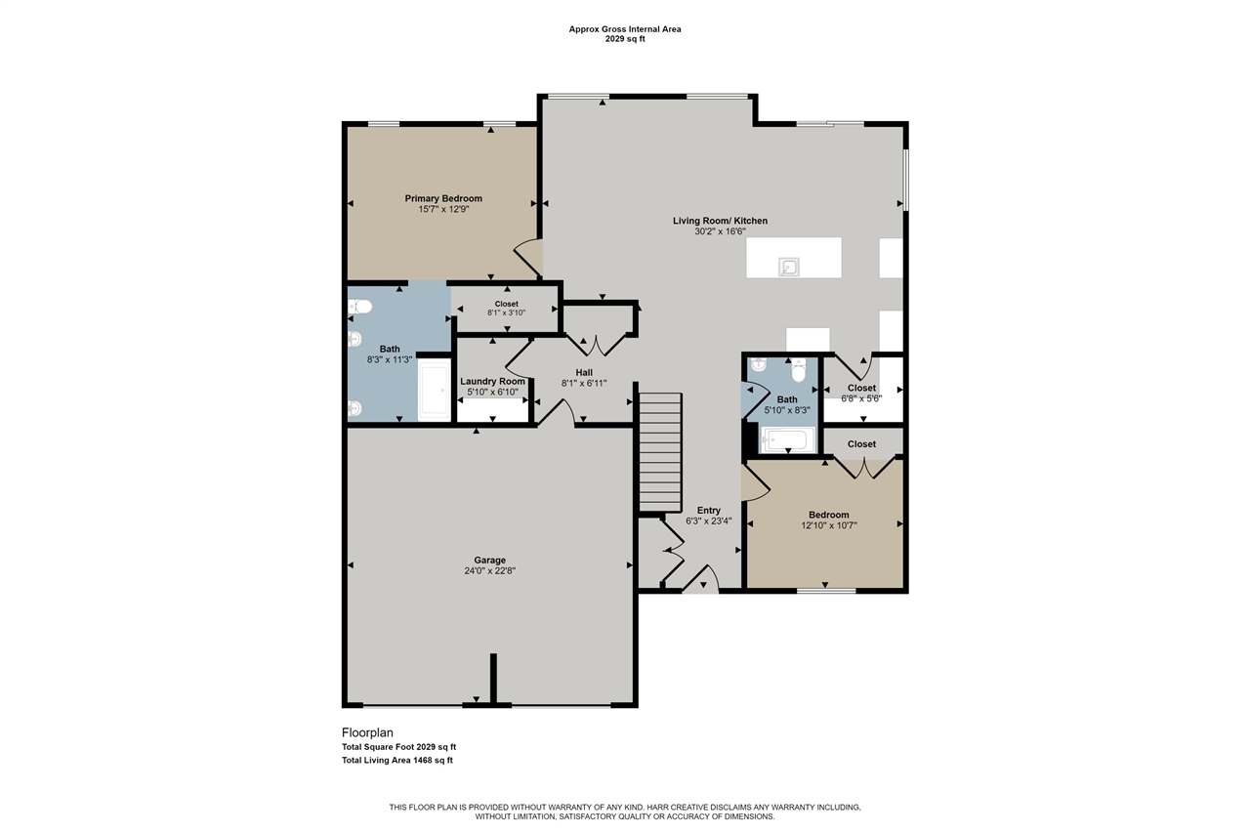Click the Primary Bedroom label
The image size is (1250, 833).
click(x=443, y=198)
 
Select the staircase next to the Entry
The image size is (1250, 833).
click(x=659, y=451)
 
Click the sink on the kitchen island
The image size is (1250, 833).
click(x=788, y=267)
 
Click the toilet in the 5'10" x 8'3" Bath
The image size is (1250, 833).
click(x=798, y=370)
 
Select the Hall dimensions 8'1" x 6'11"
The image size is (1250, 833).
click(x=584, y=384)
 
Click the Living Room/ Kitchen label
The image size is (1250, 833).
click(x=720, y=221)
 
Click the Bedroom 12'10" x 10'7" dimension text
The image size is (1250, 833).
click(x=828, y=526)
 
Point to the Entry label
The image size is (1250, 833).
click(x=708, y=510)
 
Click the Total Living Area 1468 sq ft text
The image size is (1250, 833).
click(x=396, y=760)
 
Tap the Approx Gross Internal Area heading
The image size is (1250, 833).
click(x=625, y=29)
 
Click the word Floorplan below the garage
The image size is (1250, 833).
click(x=367, y=731)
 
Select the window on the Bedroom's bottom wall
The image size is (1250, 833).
click(x=826, y=590)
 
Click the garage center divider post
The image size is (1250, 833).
click(x=493, y=679)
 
